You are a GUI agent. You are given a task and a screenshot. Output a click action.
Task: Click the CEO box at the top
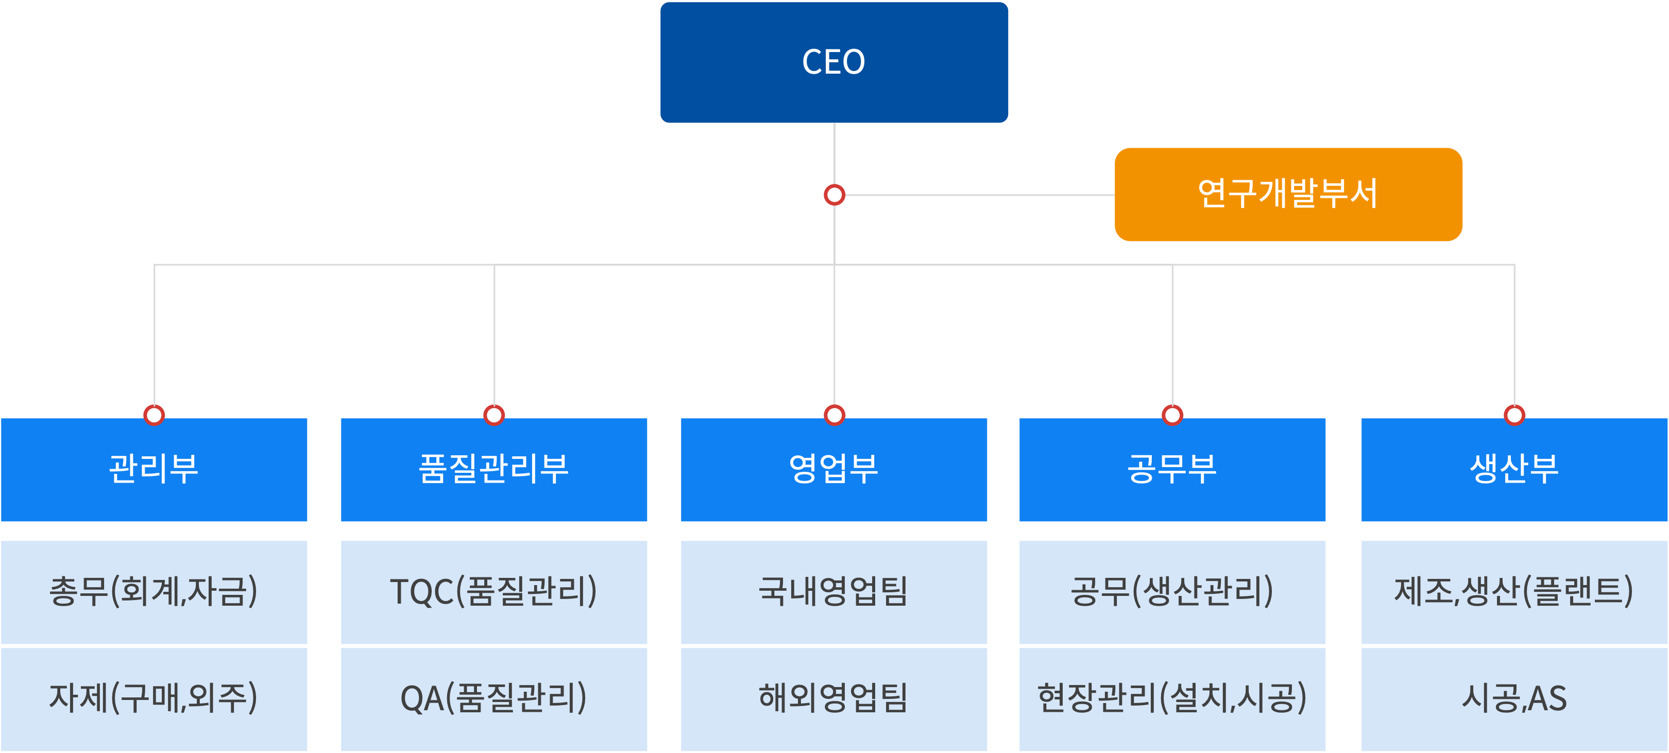coord(834,62)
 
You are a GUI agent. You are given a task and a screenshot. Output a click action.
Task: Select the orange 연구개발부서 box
coord(1287,194)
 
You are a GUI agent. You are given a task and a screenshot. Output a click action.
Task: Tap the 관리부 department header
coord(154,469)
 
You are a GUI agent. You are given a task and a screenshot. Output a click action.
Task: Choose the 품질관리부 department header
coord(493,469)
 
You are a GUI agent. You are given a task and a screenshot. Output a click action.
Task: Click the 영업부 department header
coord(834,469)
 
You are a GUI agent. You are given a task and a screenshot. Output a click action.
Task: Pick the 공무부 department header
coord(1172,469)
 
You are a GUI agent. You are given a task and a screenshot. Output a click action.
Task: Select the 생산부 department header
coord(1514,469)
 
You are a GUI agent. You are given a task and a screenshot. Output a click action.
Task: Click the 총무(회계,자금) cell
coord(154,592)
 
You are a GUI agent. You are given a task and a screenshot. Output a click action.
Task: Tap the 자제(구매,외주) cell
coord(154,698)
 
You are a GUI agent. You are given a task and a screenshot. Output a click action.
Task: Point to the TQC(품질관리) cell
coord(493,592)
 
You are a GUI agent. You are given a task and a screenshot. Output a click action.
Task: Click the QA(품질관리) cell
coord(493,698)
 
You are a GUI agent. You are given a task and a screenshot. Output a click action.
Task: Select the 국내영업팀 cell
coord(834,592)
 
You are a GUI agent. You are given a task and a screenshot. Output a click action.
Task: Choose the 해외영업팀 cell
coord(834,698)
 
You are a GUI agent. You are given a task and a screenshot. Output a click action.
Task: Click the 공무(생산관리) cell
coord(1172,592)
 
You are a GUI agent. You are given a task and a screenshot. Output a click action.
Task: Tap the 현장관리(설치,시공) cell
coord(1172,698)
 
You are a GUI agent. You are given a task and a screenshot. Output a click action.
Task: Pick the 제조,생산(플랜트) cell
coord(1514,592)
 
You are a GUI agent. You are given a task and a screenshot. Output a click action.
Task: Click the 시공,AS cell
coord(1514,698)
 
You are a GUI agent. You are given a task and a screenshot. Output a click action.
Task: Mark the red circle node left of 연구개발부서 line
coord(834,194)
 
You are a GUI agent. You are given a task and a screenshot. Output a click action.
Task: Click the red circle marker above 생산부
coord(1514,415)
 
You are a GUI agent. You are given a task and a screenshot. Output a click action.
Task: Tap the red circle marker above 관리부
coord(154,415)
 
